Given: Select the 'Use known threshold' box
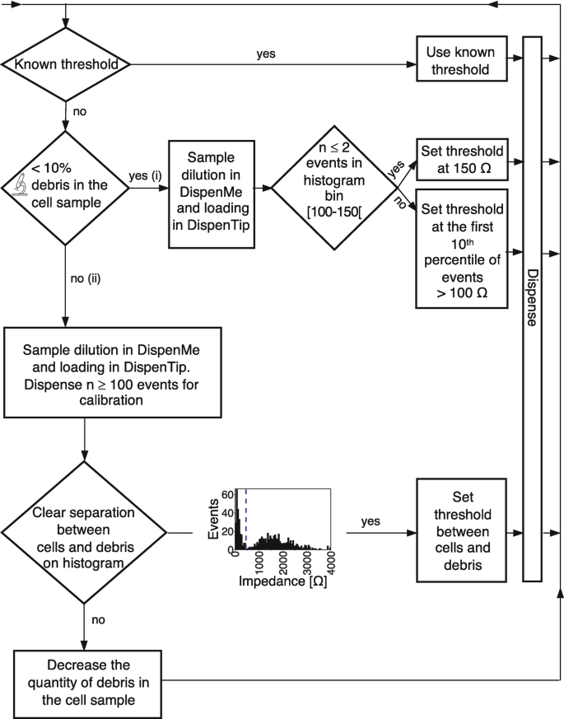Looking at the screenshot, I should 460,60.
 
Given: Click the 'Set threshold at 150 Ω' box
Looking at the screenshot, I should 460,159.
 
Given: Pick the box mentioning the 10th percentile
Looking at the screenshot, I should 460,248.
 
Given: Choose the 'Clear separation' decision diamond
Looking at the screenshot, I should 84,532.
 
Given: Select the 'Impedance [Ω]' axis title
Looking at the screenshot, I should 282,581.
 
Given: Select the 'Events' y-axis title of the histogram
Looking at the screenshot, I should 213,520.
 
